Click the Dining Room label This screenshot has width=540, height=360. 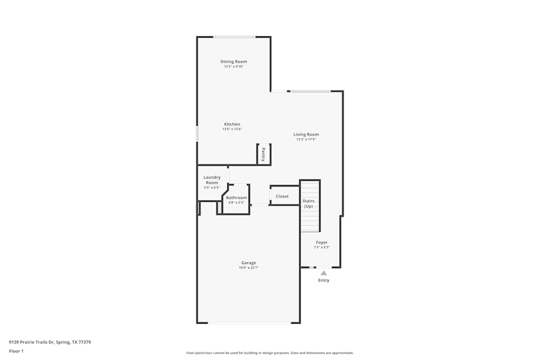[x=233, y=62]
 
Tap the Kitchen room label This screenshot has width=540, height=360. [x=232, y=124]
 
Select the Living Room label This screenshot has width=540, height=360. [x=306, y=134]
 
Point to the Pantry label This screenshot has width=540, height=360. [x=263, y=154]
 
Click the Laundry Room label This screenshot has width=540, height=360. [x=212, y=180]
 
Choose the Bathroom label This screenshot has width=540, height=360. [x=237, y=198]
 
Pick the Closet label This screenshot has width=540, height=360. [x=282, y=196]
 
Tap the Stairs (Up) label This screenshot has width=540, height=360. [x=308, y=203]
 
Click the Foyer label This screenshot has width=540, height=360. [x=322, y=242]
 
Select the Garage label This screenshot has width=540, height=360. [x=248, y=263]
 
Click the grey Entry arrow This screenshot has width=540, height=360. [x=323, y=273]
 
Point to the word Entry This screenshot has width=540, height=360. [x=323, y=281]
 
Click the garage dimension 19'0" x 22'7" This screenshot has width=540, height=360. [x=248, y=268]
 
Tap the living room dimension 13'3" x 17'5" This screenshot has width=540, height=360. [x=306, y=139]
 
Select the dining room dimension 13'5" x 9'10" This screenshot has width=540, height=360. [x=233, y=66]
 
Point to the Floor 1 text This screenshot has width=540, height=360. [x=16, y=351]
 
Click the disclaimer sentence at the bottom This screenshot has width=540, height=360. [x=270, y=352]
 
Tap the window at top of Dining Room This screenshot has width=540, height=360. [x=234, y=37]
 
